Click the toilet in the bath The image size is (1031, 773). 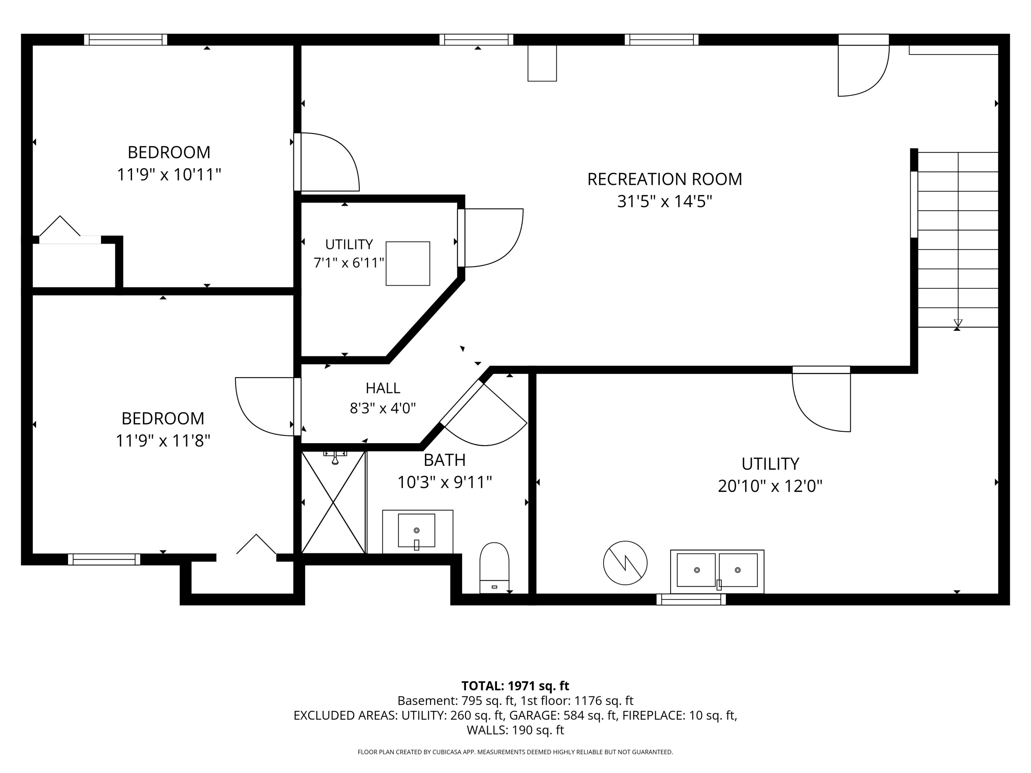tap(494, 568)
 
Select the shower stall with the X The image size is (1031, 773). tap(333, 502)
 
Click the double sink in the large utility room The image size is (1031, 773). tap(717, 571)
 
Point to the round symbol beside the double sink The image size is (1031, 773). tap(625, 563)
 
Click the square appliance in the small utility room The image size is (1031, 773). tap(408, 263)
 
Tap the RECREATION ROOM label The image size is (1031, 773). tap(665, 179)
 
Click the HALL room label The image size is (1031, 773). tap(383, 388)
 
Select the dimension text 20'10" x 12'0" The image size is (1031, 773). tap(770, 486)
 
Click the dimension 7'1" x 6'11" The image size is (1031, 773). tap(348, 263)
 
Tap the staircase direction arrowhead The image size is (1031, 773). tap(958, 323)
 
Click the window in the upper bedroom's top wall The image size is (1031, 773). tap(125, 40)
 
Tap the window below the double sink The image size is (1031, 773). tap(691, 599)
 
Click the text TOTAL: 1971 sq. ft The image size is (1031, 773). tap(515, 686)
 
